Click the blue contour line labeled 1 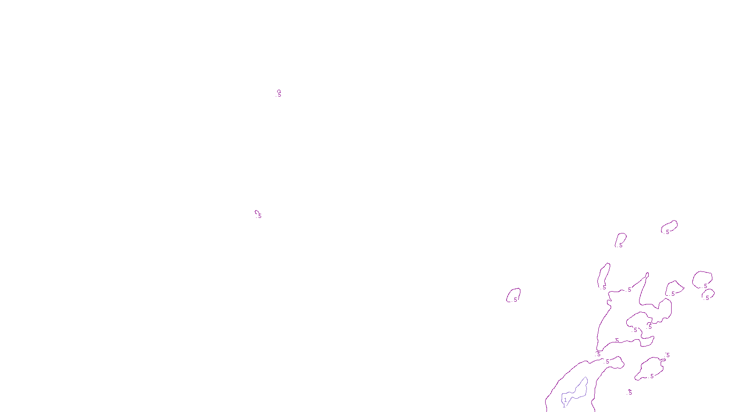[586, 385]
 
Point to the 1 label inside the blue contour [565, 400]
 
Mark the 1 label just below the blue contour [564, 406]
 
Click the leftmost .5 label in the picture [259, 216]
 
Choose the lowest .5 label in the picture [630, 393]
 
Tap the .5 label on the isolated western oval [515, 300]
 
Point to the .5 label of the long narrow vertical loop [604, 287]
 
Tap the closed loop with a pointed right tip [683, 288]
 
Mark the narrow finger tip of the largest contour [647, 275]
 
